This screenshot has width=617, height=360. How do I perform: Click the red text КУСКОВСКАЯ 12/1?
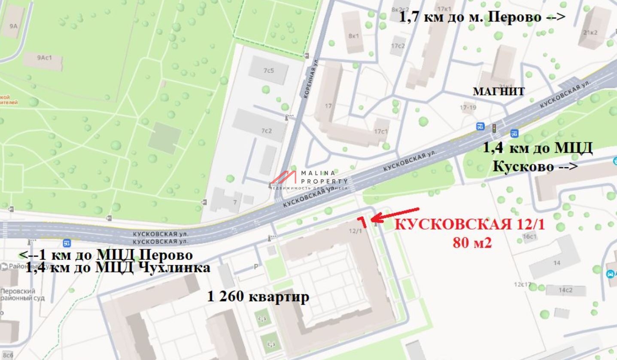point(470,224)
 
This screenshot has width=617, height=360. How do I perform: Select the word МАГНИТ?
point(498,91)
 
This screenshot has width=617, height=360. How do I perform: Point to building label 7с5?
point(268,70)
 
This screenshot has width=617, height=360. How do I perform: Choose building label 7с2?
point(267,130)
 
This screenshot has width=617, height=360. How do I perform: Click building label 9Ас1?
point(44,57)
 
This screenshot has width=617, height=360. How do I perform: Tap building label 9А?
point(13,26)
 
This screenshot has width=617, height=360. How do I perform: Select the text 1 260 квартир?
point(258,297)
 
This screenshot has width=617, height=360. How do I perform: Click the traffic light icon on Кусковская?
point(494,127)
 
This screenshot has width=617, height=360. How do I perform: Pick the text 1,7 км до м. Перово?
point(482,17)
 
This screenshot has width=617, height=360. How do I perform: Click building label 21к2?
point(590,32)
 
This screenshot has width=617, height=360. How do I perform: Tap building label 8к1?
point(353,36)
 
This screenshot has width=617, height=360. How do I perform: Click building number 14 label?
point(556,263)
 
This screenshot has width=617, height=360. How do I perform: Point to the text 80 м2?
point(472,243)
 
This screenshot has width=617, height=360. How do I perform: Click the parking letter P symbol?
point(256,267)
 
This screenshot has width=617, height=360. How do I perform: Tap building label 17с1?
point(381,131)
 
